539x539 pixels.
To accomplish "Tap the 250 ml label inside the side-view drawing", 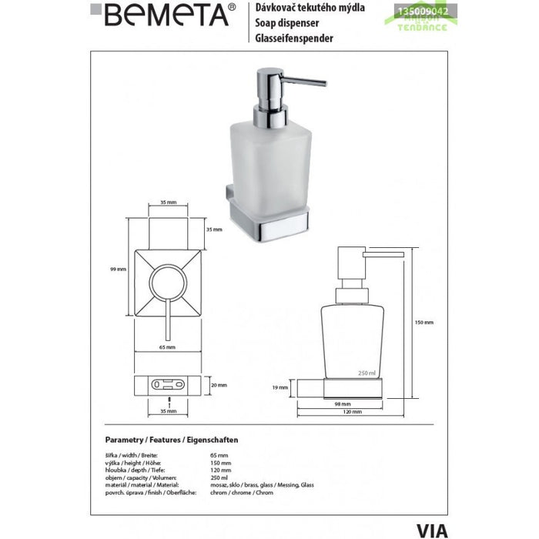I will [x=366, y=373].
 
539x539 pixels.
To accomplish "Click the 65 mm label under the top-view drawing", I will [x=168, y=348].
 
